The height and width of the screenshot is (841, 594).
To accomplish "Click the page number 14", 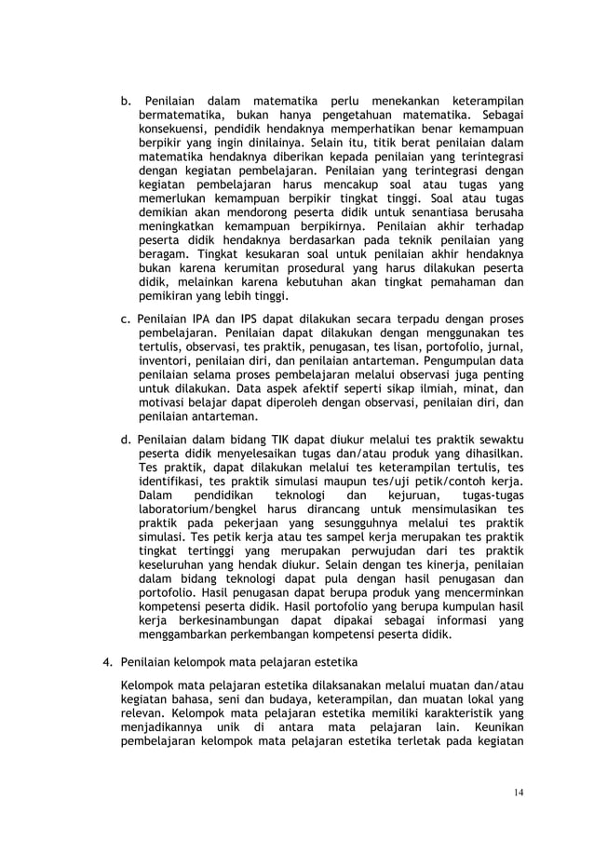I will tap(518, 793).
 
